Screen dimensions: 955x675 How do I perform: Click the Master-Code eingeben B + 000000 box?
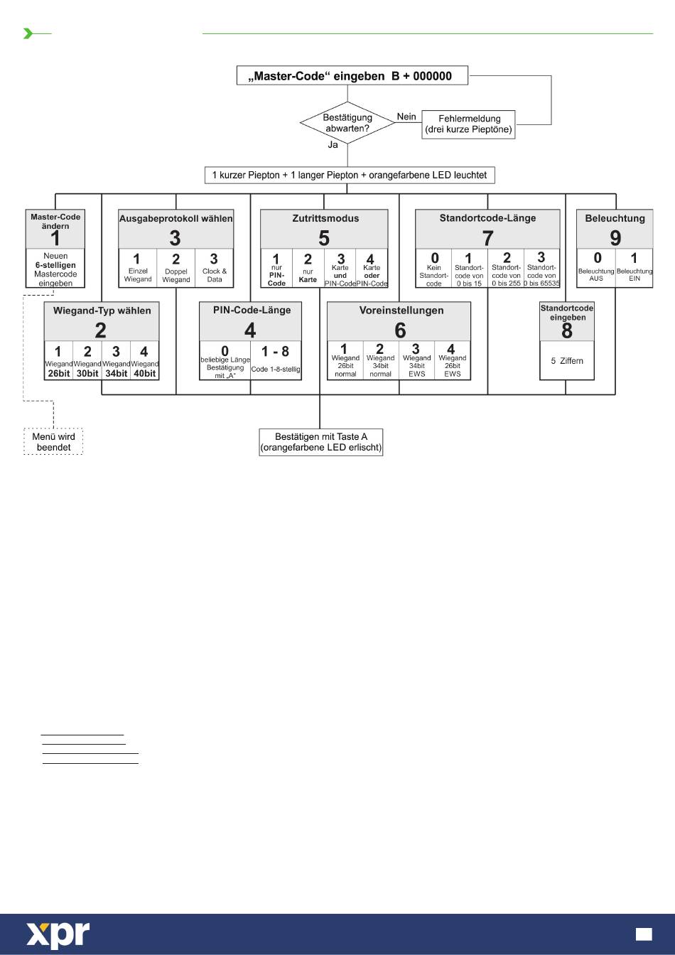point(352,76)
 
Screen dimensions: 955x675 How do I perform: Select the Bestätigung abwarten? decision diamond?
point(347,124)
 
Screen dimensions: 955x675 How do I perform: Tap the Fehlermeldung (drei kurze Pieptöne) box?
point(468,124)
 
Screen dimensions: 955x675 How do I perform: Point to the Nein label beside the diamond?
point(406,117)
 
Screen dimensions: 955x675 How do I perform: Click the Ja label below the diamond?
point(333,145)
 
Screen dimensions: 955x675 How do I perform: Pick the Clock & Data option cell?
point(214,268)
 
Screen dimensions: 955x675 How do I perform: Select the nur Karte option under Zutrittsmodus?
point(308,269)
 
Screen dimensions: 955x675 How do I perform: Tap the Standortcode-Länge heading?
point(487,218)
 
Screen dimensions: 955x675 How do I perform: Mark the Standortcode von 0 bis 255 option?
point(506,269)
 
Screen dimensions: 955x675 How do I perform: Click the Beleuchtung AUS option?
point(596,268)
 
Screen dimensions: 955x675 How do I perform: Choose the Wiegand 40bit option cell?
point(144,362)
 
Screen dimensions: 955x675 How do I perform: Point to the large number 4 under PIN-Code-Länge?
point(250,330)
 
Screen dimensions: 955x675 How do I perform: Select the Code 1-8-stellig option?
point(276,360)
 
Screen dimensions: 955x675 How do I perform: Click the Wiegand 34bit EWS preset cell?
point(416,361)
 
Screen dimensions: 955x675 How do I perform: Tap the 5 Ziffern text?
point(566,361)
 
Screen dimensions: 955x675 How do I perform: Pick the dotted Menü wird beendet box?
point(54,442)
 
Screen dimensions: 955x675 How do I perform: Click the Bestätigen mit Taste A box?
point(321,442)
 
